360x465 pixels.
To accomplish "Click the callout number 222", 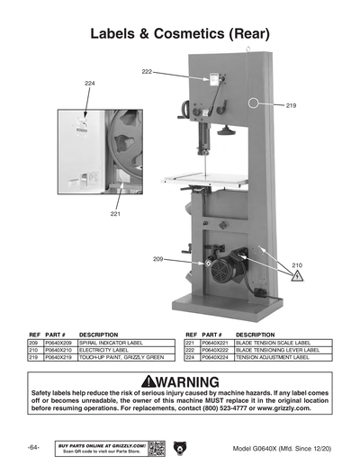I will coord(147,71).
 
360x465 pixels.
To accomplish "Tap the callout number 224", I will coord(90,83).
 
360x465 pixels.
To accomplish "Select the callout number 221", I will coord(115,214).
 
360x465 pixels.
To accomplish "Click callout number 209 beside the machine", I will coord(158,259).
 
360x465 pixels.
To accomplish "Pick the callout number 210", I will coord(298,265).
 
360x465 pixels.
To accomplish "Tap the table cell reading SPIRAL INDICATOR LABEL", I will coord(109,343).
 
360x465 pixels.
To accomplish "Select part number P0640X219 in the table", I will coord(58,357).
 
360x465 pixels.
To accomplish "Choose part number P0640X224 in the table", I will coord(215,357).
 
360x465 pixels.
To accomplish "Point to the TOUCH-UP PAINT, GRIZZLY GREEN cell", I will coord(121,357).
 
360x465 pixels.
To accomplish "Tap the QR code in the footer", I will coord(155,447).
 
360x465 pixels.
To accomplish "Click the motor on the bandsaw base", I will coord(237,263).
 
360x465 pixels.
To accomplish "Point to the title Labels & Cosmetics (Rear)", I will coord(180,34).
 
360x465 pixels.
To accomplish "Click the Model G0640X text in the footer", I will coord(280,448).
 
